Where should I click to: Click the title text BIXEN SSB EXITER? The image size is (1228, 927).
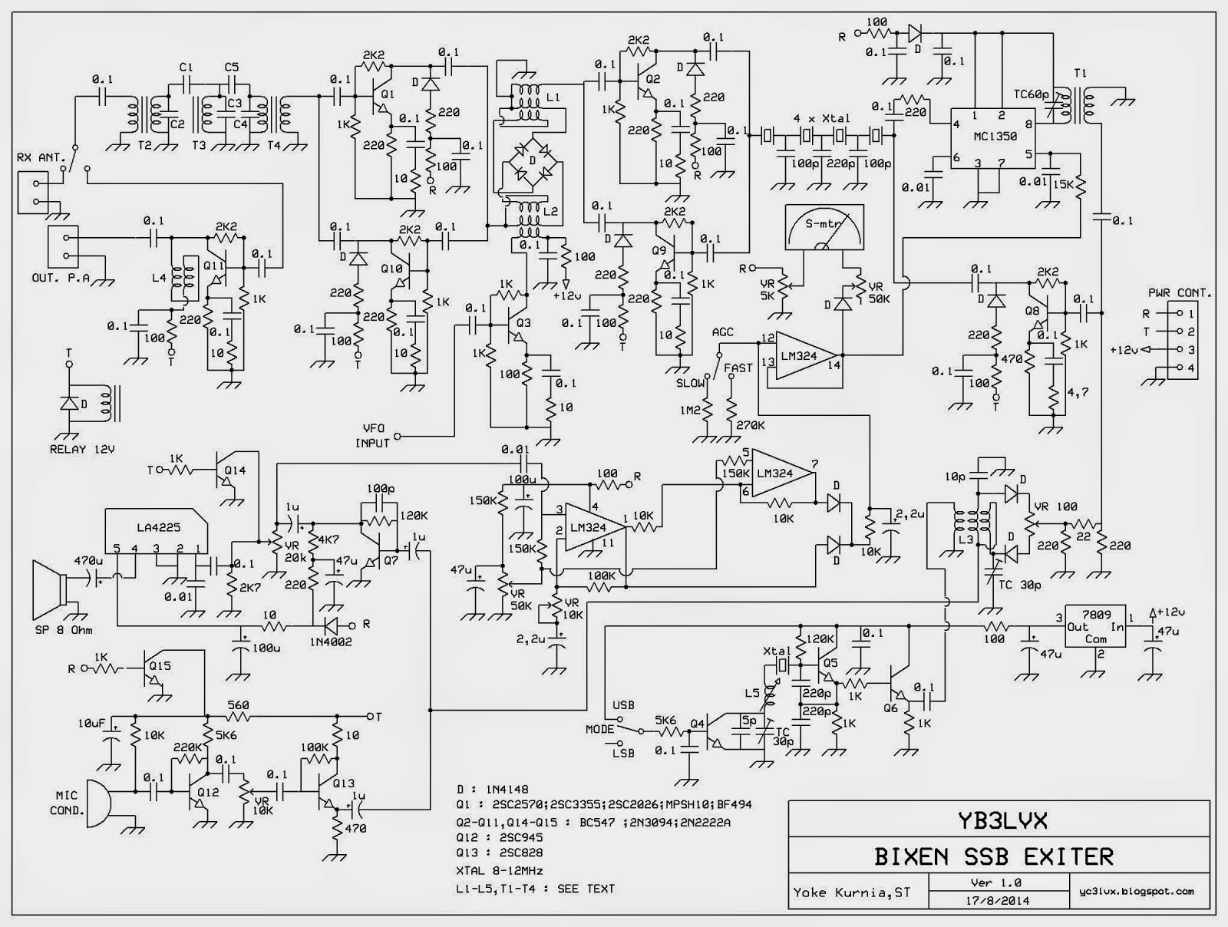[994, 856]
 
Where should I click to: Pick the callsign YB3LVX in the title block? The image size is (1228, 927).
[995, 821]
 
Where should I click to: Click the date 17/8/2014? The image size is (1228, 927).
[994, 900]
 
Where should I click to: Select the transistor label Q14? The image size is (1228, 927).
[236, 470]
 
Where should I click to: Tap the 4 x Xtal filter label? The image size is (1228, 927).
[822, 118]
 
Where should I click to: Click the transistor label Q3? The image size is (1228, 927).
[523, 322]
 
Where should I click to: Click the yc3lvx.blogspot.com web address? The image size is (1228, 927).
[1134, 891]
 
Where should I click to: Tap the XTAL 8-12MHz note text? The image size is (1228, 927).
[499, 871]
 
